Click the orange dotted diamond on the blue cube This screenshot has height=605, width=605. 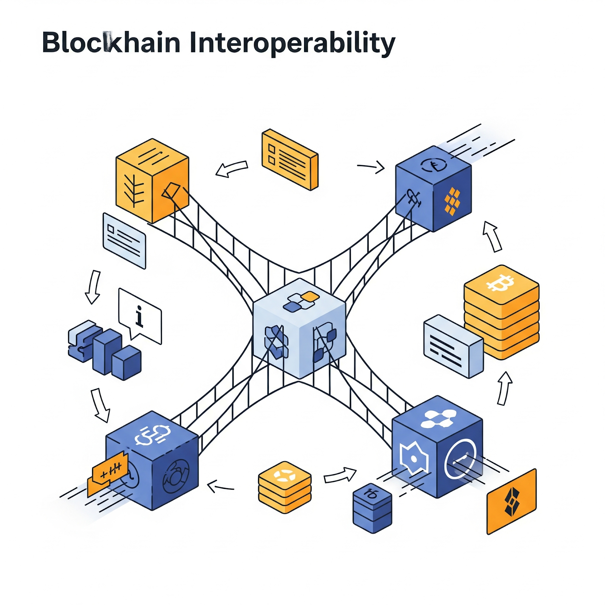[x=452, y=201]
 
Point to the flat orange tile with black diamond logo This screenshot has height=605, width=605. [x=512, y=501]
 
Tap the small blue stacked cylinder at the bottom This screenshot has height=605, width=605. [x=372, y=508]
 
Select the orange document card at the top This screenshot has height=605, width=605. [x=290, y=159]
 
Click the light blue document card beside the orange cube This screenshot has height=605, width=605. [x=124, y=241]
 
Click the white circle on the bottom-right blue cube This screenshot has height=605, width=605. [x=460, y=459]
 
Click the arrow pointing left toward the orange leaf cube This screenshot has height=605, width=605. [x=231, y=169]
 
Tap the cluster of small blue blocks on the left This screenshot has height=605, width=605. [x=104, y=349]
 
